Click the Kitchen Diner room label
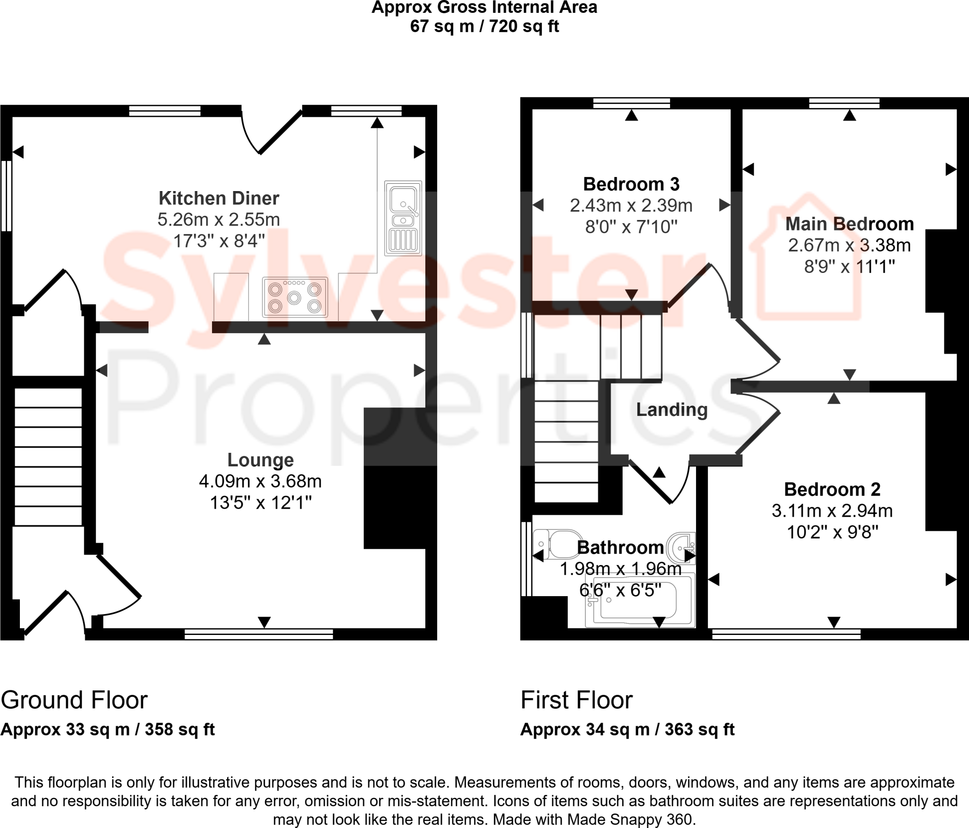219,198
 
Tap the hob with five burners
294,297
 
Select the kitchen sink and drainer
403,218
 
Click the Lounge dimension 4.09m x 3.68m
260,481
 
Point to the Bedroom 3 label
631,184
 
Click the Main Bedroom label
849,224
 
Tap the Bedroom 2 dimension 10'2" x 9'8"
832,532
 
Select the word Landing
671,410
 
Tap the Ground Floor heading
74,700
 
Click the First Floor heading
576,700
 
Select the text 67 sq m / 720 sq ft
484,26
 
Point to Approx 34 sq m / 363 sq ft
627,729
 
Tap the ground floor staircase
48,457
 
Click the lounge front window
258,634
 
